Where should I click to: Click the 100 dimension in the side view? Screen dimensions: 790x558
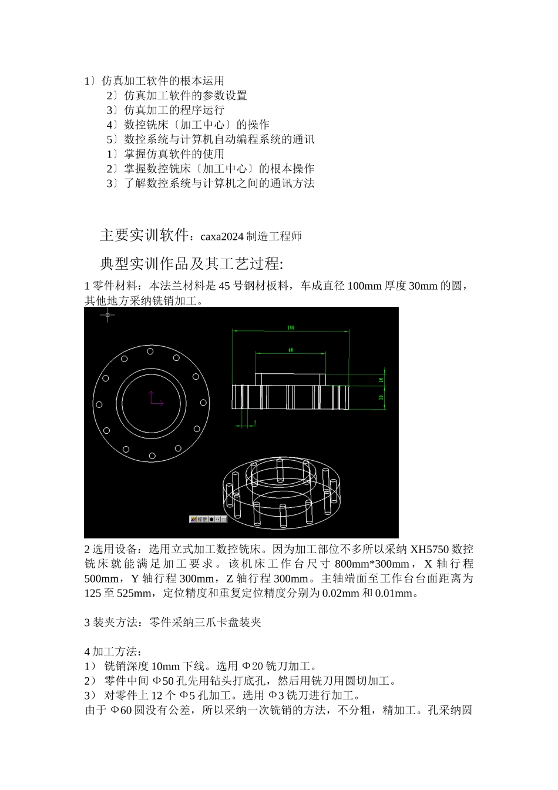291,327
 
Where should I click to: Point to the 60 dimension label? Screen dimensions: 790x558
290,350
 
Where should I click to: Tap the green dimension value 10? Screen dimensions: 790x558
381,379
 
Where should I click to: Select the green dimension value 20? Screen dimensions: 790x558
381,397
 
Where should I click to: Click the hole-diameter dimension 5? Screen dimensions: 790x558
255,422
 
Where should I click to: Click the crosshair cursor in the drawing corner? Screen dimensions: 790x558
107,316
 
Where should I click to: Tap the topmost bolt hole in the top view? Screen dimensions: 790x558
150,351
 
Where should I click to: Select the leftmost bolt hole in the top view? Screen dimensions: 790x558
99,404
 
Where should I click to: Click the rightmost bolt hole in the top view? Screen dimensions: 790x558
203,403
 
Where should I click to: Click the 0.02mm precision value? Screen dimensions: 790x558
341,593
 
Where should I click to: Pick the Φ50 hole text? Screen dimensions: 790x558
163,681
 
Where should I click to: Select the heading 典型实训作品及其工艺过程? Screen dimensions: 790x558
191,263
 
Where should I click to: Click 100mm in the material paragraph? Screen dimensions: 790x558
365,286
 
